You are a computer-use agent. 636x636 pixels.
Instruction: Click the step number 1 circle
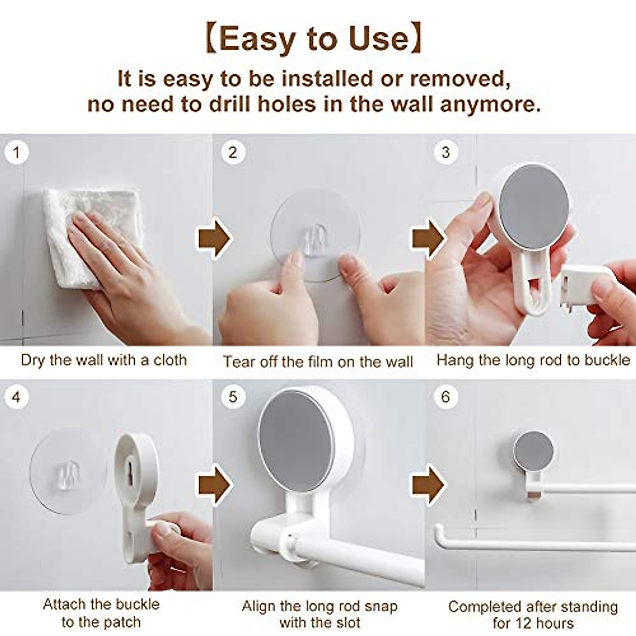click(x=16, y=153)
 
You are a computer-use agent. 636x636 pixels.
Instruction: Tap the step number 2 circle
click(x=233, y=153)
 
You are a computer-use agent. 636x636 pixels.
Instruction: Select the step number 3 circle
click(x=445, y=153)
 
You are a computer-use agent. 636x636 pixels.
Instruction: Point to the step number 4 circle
click(x=16, y=396)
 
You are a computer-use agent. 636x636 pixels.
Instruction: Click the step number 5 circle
click(x=233, y=396)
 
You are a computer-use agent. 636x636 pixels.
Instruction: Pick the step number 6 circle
click(x=445, y=396)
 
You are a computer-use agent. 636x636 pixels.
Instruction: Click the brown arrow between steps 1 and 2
click(x=214, y=239)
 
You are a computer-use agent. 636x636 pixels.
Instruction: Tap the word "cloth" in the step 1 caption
click(x=170, y=360)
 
